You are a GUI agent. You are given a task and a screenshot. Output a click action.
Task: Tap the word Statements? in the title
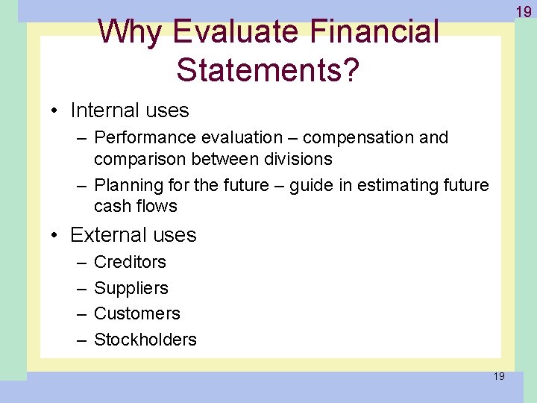click(x=268, y=69)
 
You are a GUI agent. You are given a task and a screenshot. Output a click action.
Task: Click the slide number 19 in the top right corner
click(x=523, y=11)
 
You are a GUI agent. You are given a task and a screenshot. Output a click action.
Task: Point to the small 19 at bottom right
click(x=498, y=376)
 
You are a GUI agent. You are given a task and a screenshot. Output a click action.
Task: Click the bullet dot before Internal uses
click(x=56, y=111)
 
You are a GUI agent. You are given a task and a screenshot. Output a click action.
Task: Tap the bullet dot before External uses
click(x=56, y=235)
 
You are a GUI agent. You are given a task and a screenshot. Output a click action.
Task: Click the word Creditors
click(x=130, y=262)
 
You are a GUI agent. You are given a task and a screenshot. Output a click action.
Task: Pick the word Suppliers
click(x=131, y=288)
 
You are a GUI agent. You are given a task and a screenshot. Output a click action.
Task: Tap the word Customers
click(x=137, y=313)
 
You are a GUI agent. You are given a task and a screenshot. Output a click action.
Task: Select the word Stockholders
click(x=145, y=340)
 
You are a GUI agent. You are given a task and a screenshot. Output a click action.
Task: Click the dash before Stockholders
click(x=81, y=340)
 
